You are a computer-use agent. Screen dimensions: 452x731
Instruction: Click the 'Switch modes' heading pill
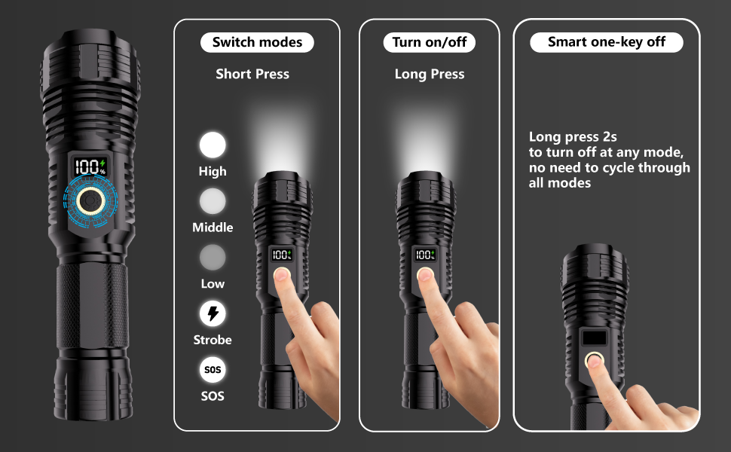257,42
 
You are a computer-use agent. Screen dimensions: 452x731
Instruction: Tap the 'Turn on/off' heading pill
430,42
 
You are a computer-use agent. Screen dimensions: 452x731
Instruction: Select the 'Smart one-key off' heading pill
607,42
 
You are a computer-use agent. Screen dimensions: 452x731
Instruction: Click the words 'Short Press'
252,74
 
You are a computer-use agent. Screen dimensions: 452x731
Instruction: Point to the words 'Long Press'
430,74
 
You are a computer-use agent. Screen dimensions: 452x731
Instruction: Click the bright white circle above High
213,145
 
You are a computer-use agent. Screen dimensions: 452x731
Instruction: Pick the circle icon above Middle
213,201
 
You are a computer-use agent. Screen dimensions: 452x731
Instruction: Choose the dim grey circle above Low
213,258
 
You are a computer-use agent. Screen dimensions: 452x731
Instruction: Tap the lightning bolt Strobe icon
213,313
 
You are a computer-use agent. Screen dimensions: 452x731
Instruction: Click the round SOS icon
213,370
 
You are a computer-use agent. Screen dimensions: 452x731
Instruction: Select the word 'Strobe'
213,340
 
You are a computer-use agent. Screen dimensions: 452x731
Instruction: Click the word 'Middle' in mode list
213,228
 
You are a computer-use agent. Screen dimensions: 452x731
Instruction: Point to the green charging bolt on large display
103,162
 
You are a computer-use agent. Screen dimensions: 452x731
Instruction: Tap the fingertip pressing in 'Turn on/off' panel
425,275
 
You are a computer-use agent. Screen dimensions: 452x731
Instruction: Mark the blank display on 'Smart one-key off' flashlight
595,338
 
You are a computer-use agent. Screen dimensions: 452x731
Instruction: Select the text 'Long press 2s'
573,136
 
